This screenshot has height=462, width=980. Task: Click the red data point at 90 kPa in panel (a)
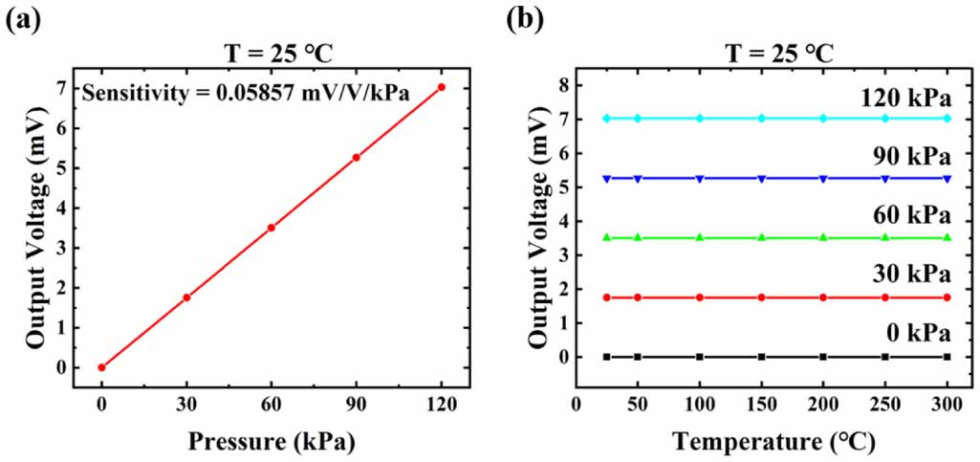coord(357,157)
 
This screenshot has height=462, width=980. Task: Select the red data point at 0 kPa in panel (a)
coord(101,367)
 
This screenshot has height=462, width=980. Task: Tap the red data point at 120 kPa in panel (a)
coord(441,87)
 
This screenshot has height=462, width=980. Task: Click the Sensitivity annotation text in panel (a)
coord(245,93)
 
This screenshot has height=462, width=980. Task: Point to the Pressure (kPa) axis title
coord(271,443)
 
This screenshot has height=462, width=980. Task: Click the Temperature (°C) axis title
coord(773,443)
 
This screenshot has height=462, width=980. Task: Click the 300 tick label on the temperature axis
coord(947,405)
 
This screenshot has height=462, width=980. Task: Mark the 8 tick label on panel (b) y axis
coord(563,84)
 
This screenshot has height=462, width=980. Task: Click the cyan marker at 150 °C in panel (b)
coord(762,119)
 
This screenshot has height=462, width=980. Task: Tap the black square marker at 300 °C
coord(947,357)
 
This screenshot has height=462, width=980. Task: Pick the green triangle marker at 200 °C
coord(823,237)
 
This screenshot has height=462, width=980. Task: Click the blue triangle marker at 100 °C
coord(700,178)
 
